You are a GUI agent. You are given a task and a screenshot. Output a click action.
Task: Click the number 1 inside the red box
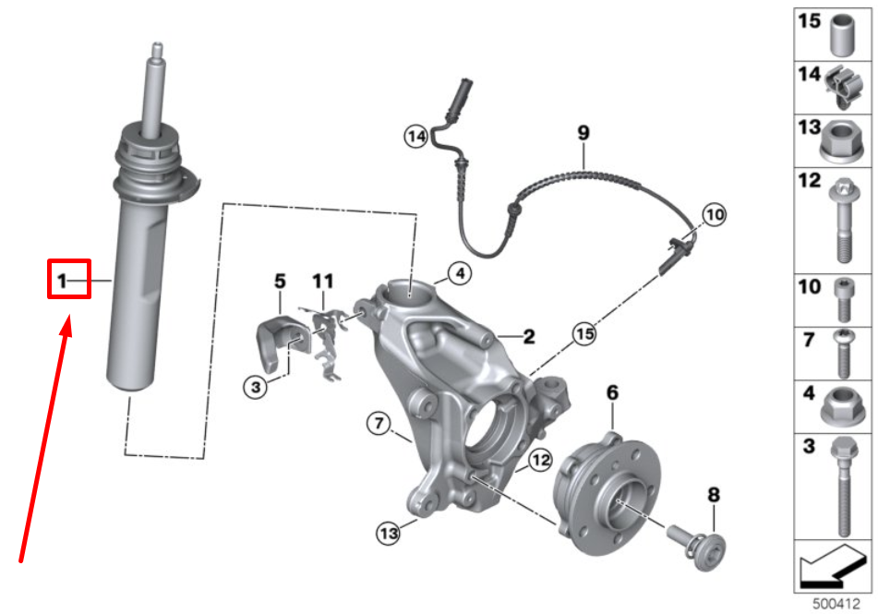pyautogui.click(x=63, y=280)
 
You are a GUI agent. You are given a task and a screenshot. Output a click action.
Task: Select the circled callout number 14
pyautogui.click(x=416, y=137)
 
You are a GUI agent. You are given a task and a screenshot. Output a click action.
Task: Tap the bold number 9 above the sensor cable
pyautogui.click(x=583, y=134)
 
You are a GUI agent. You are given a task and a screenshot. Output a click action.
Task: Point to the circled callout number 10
pyautogui.click(x=714, y=215)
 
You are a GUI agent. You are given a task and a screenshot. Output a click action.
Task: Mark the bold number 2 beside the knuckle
pyautogui.click(x=528, y=338)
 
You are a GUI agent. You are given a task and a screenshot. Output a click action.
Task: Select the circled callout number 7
pyautogui.click(x=379, y=424)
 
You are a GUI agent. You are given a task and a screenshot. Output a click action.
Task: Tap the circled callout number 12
pyautogui.click(x=540, y=459)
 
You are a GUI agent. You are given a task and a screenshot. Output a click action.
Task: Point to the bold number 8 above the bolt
pyautogui.click(x=712, y=496)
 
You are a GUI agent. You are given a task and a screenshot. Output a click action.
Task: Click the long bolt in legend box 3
pyautogui.click(x=842, y=489)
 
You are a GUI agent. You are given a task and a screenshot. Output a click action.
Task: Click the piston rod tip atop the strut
pyautogui.click(x=156, y=48)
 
